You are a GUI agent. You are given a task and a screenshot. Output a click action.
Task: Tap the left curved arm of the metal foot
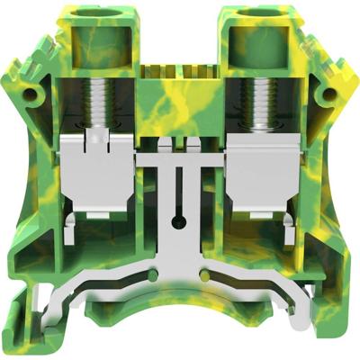point(108,271)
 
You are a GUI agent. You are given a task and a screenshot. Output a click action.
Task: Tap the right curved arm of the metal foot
point(252,271)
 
